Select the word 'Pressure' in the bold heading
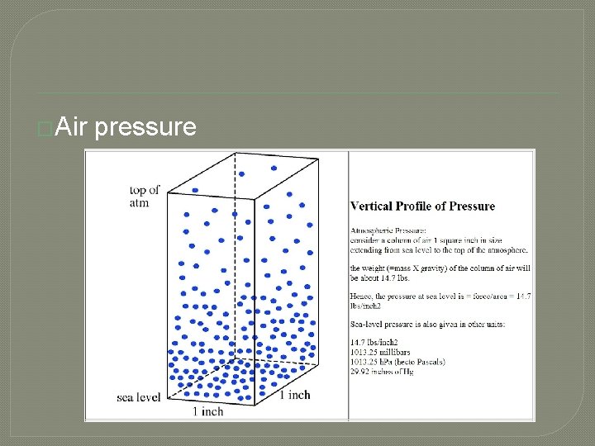(469, 206)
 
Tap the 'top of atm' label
(145, 197)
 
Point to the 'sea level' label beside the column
(139, 397)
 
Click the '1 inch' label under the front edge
(207, 410)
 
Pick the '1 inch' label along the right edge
(294, 395)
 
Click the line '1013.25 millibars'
(387, 352)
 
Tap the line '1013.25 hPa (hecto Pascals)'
(398, 361)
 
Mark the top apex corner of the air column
(235, 153)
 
